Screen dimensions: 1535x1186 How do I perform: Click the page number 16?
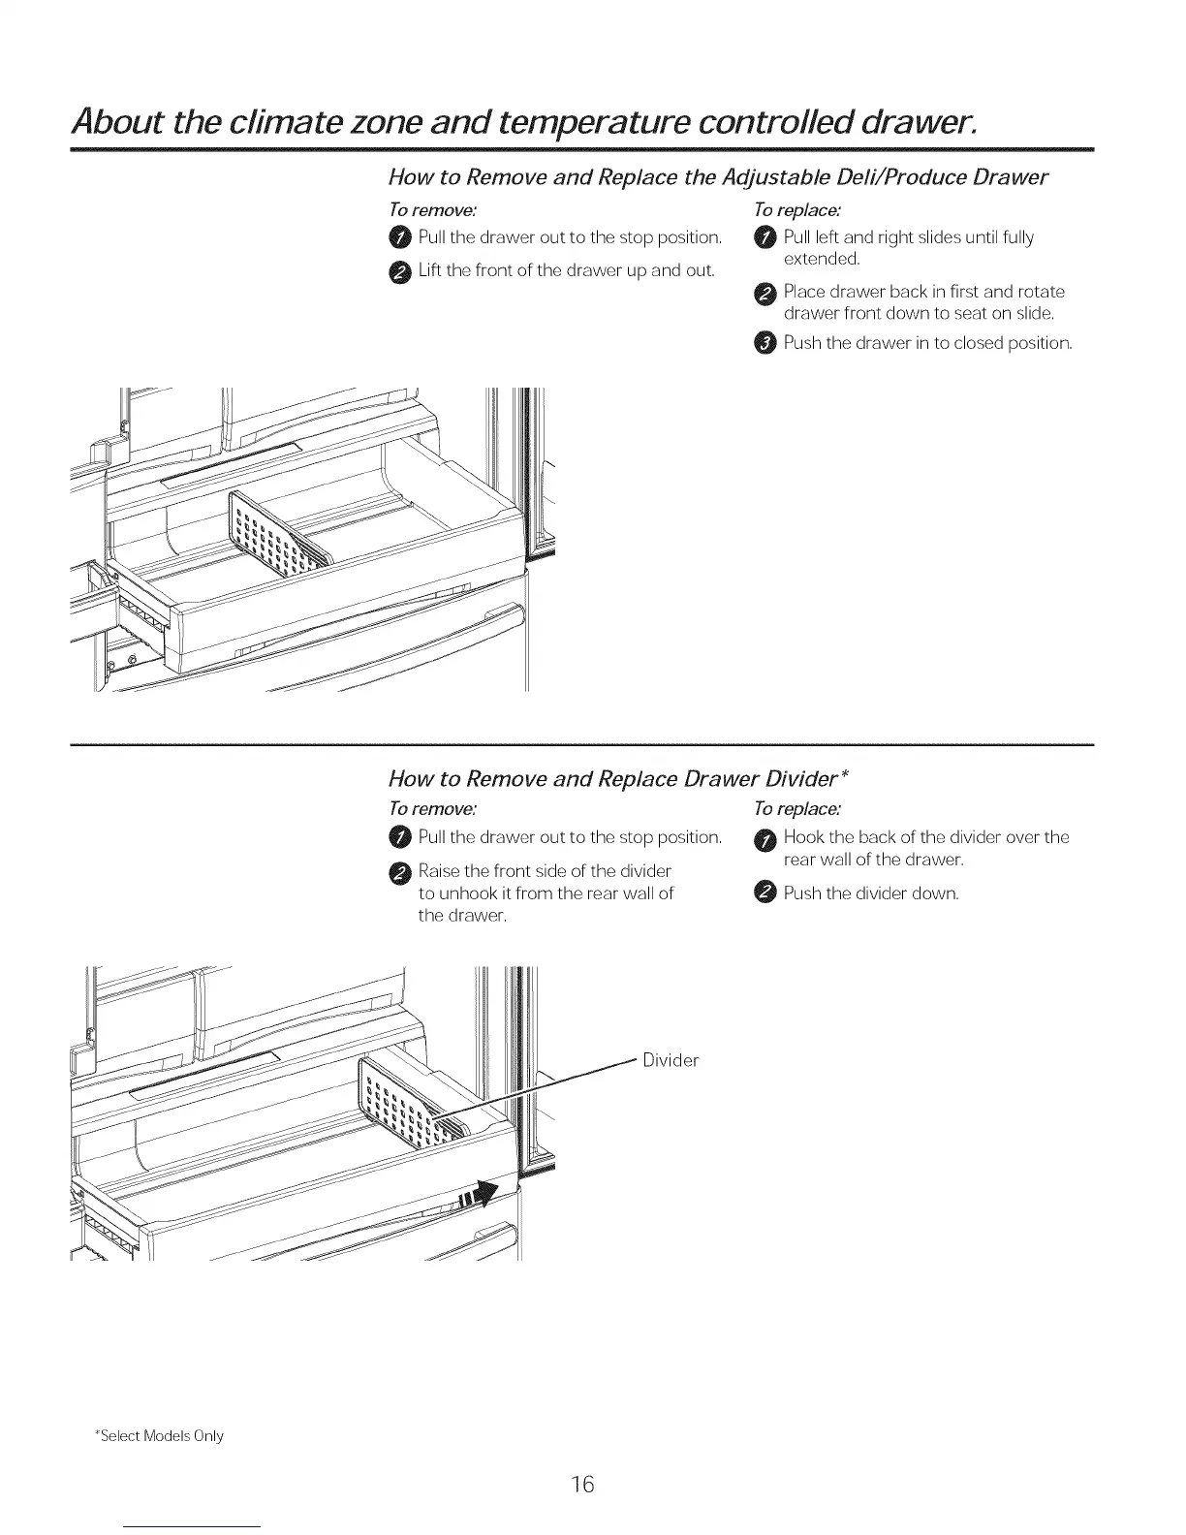tap(581, 1484)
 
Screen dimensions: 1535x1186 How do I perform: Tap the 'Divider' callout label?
tap(671, 1060)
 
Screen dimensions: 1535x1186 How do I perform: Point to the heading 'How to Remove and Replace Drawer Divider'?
tap(618, 778)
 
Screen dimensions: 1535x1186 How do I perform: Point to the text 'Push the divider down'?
tap(870, 893)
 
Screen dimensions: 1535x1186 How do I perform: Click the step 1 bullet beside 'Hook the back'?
tap(765, 838)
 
